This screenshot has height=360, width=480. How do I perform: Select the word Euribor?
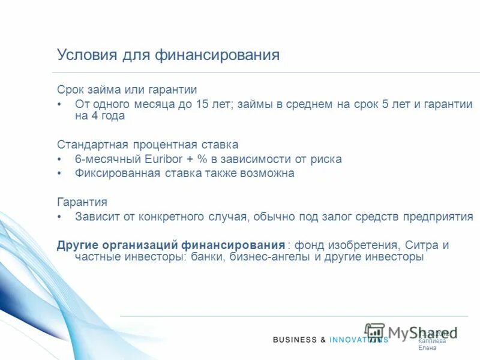coord(166,160)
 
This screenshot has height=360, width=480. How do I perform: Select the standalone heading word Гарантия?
coord(82,202)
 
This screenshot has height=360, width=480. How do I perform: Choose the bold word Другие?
coord(77,245)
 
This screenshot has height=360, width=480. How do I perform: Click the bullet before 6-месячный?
coord(59,160)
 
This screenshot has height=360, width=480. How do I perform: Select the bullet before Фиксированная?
coord(59,173)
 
